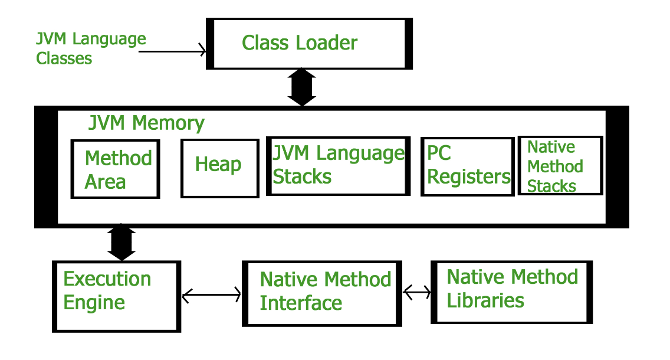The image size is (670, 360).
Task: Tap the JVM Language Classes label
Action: pyautogui.click(x=90, y=48)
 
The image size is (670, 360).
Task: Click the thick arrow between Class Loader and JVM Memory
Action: pyautogui.click(x=302, y=87)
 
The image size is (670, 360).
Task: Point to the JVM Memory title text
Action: pyautogui.click(x=146, y=123)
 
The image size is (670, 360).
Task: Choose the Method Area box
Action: pyautogui.click(x=115, y=169)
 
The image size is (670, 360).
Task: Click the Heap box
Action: pyautogui.click(x=219, y=168)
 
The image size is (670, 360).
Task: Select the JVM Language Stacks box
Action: pyautogui.click(x=338, y=166)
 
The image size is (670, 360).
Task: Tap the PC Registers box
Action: pyautogui.click(x=467, y=166)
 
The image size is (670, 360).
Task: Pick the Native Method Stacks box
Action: pyautogui.click(x=560, y=166)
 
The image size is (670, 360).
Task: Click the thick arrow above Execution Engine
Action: pyautogui.click(x=122, y=243)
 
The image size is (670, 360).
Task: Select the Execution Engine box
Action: pyautogui.click(x=116, y=296)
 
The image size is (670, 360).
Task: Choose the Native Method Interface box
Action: pyautogui.click(x=322, y=293)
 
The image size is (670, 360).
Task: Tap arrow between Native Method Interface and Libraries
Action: pyautogui.click(x=417, y=291)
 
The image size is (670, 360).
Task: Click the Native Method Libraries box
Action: pyautogui.click(x=511, y=292)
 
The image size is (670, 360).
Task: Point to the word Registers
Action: pyautogui.click(x=469, y=177)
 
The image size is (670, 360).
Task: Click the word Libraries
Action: pyautogui.click(x=485, y=300)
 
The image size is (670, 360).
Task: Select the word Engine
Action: pyautogui.click(x=94, y=303)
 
